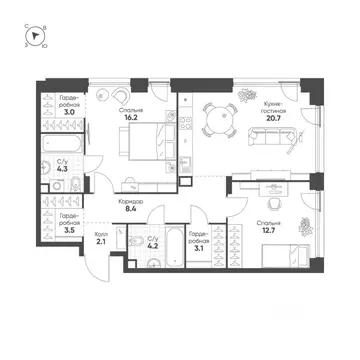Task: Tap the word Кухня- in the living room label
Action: tap(277, 102)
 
